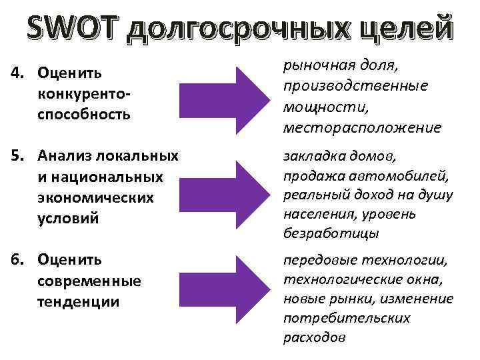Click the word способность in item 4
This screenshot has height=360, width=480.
pyautogui.click(x=84, y=115)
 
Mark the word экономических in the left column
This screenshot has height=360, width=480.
pyautogui.click(x=96, y=199)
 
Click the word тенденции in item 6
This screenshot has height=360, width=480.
pyautogui.click(x=79, y=301)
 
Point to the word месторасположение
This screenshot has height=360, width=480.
pyautogui.click(x=361, y=127)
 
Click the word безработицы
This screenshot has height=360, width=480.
pyautogui.click(x=331, y=233)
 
